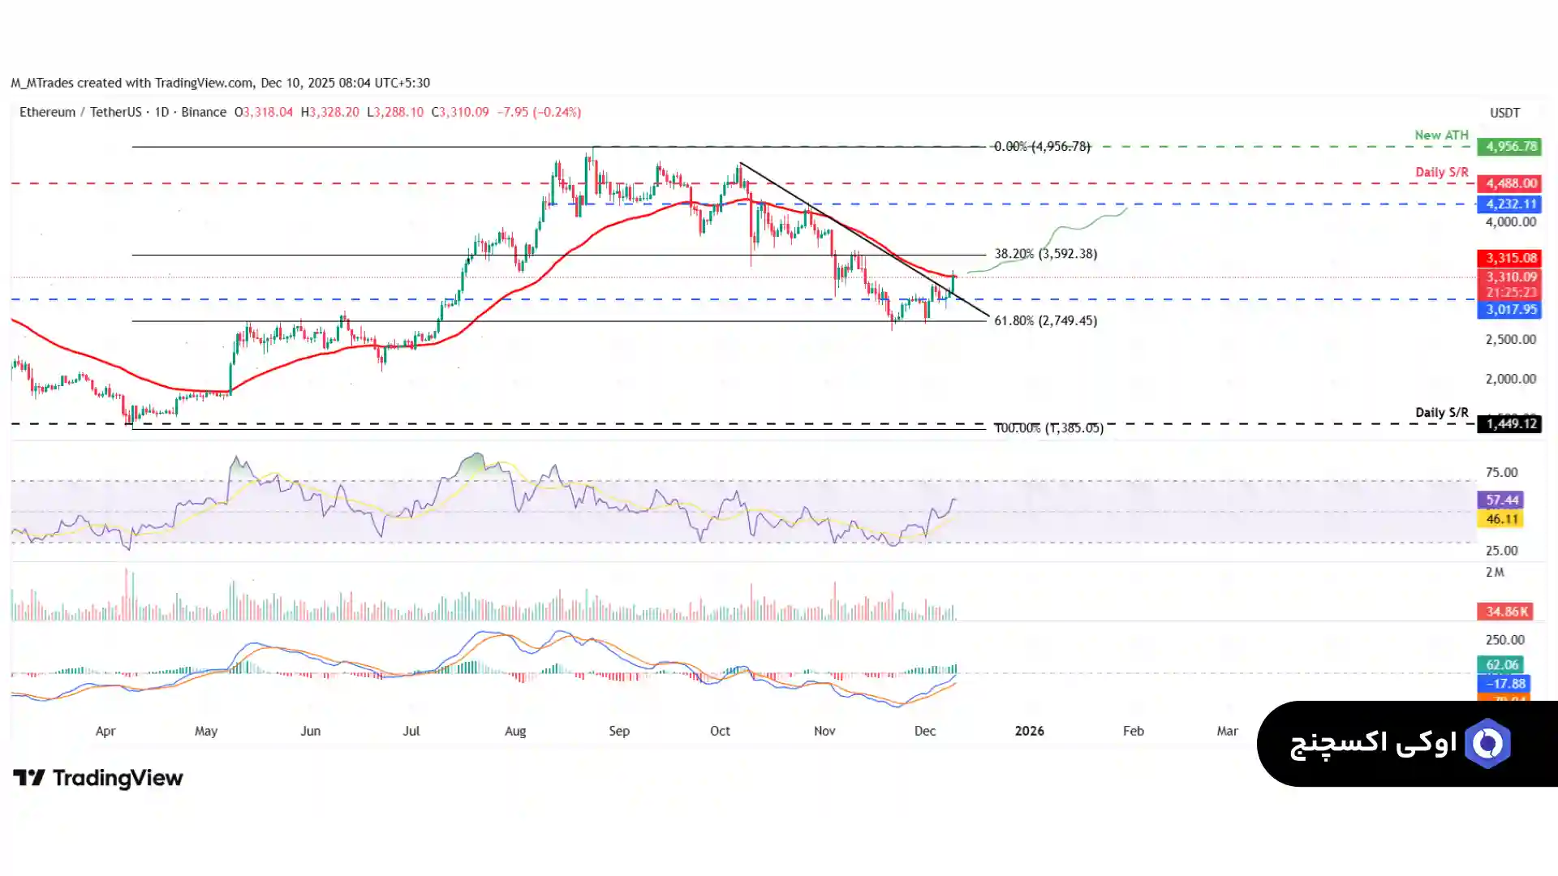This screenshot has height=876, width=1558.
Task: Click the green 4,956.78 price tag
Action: (1509, 147)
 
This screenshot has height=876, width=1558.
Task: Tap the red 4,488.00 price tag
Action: (1509, 183)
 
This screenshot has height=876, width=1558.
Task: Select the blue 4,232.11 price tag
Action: (1509, 204)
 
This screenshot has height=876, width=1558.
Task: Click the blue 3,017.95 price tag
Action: (1509, 309)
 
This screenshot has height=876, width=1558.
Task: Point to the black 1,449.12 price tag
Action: (1509, 423)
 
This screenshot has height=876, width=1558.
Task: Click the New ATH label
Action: (1441, 135)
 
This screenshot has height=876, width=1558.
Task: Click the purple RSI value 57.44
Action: (1500, 500)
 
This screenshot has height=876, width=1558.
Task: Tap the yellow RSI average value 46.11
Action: (1500, 519)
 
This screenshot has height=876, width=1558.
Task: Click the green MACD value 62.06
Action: (1500, 664)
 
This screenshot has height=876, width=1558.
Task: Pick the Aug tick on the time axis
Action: (515, 731)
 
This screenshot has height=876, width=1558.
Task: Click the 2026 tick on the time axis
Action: (1029, 731)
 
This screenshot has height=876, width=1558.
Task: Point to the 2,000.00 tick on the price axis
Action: (1510, 379)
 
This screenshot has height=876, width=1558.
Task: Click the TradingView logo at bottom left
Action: (98, 778)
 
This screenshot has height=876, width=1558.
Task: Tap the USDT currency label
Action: (1504, 113)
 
